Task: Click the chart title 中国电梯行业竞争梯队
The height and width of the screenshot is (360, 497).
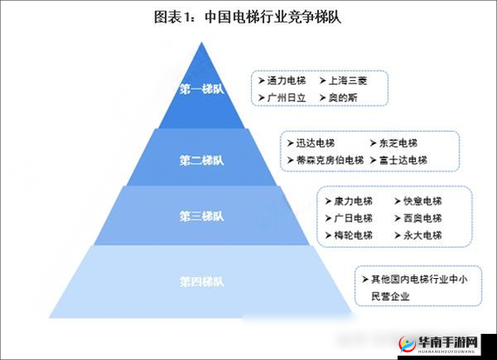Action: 248,17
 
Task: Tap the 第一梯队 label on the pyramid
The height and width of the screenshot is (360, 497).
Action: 201,89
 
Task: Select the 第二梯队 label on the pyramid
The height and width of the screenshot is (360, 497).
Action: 201,160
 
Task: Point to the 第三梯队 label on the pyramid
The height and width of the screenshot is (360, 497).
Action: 201,216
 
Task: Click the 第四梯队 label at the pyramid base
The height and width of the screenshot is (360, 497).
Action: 201,282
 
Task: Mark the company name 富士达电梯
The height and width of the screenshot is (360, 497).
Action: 402,160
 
